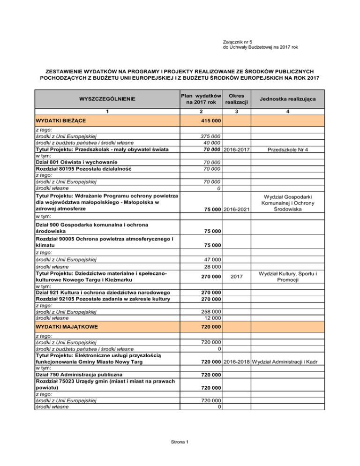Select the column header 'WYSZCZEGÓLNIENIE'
pos(107,99)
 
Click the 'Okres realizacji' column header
pos(236,99)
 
